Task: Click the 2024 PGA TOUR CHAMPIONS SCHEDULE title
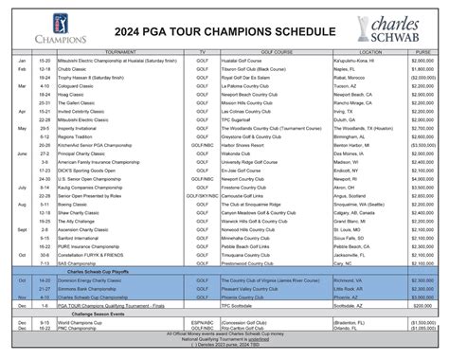224,31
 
